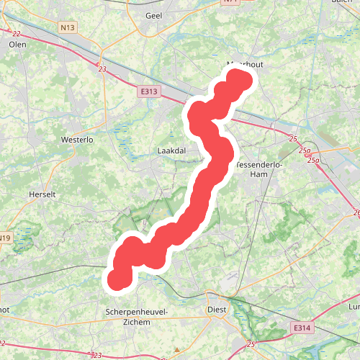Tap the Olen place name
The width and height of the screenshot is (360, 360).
tap(17, 44)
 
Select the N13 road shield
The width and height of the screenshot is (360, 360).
tap(68, 28)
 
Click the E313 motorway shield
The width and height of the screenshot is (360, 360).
tap(149, 91)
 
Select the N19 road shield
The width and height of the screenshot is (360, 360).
tap(5, 238)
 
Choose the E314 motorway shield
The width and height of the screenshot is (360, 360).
tap(302, 328)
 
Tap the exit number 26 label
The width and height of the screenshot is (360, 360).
tap(356, 213)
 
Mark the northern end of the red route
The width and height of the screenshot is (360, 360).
tap(241, 78)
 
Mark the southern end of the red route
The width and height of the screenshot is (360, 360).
tap(119, 279)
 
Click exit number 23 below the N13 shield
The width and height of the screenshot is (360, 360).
tap(102, 69)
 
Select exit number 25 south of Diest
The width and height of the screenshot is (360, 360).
tap(250, 345)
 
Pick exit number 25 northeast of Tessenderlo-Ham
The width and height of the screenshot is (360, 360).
tap(292, 138)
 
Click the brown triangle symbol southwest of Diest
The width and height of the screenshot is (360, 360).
tap(176, 350)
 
